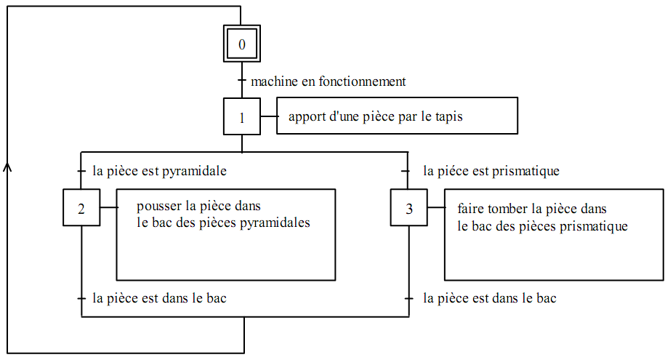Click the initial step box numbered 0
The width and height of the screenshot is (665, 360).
point(242,44)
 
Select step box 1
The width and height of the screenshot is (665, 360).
point(242,117)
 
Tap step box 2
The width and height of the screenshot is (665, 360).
point(81,208)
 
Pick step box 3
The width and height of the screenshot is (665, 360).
point(408,208)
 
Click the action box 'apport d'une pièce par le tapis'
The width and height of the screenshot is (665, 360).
point(397,116)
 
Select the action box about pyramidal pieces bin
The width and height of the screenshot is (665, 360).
point(225,234)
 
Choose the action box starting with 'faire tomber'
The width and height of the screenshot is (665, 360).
point(553,234)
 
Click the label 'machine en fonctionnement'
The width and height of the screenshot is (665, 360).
point(328,81)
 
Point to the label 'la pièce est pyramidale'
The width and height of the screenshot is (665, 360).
point(160,172)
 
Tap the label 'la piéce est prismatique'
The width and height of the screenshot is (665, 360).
point(491,172)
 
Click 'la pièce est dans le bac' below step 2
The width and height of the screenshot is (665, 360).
point(160,298)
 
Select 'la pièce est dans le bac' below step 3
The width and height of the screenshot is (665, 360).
point(490,298)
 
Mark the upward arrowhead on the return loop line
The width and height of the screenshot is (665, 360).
point(8,167)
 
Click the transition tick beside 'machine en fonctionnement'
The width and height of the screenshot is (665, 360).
point(242,81)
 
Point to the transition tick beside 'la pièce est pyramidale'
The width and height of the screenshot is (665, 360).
point(81,172)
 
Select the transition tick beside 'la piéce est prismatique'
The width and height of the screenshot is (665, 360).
point(408,172)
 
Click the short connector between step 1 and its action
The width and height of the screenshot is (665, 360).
point(269,116)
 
